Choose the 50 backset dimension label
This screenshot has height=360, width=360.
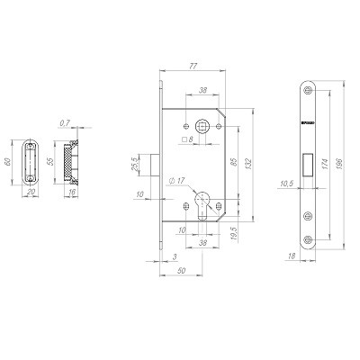click(x=182, y=271)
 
